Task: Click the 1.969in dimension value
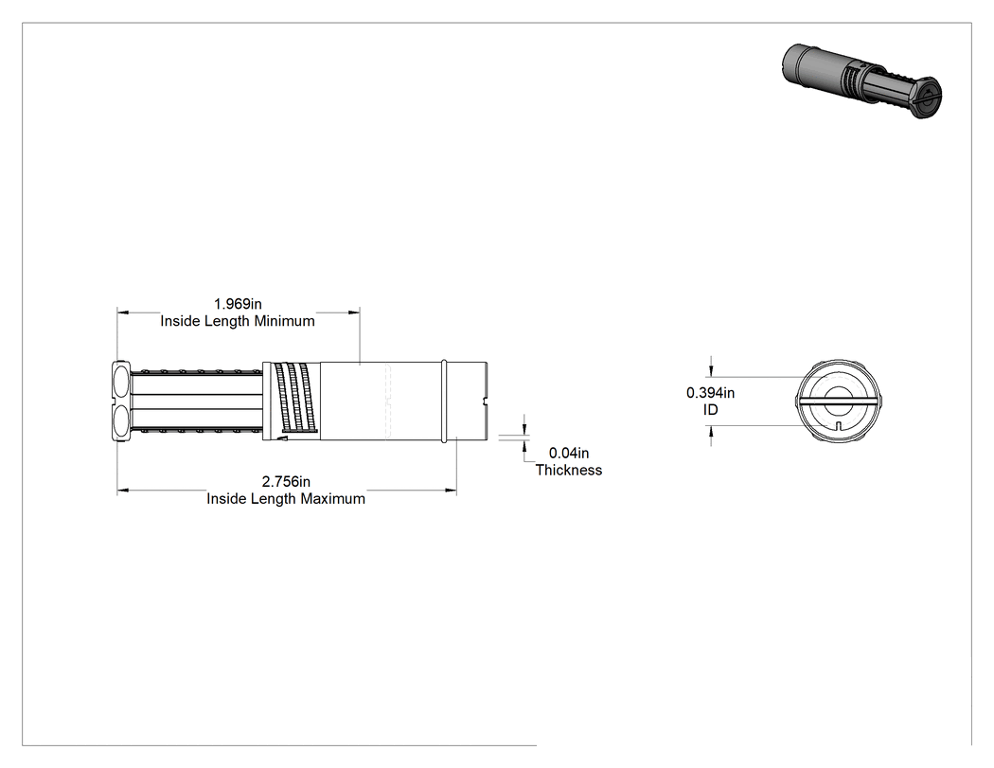(x=238, y=304)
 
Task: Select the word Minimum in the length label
(x=285, y=321)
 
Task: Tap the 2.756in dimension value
(x=286, y=482)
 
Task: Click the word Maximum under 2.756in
(x=333, y=499)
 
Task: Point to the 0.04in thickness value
(x=569, y=453)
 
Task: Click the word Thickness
(x=569, y=470)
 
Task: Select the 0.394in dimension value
(x=711, y=393)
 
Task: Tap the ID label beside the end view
(x=711, y=410)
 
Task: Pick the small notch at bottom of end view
(x=839, y=425)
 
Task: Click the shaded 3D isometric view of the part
(x=862, y=81)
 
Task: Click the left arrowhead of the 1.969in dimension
(x=123, y=312)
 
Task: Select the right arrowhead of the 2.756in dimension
(x=451, y=491)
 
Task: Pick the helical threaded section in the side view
(x=293, y=401)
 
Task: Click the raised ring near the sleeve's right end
(x=444, y=401)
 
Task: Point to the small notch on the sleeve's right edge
(x=486, y=401)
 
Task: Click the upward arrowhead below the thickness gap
(x=524, y=445)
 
